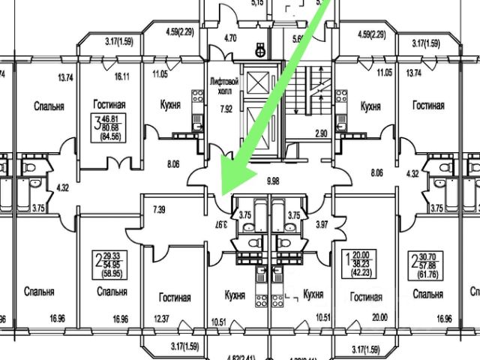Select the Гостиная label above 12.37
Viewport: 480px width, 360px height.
[174, 298]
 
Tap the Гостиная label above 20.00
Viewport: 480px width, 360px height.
[365, 297]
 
